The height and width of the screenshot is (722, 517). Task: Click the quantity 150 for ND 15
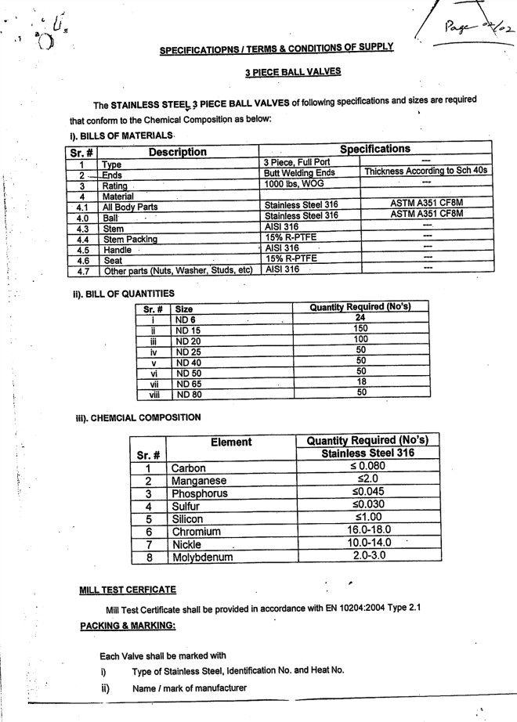pyautogui.click(x=361, y=328)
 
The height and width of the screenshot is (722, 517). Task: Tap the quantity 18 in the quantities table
pyautogui.click(x=361, y=382)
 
